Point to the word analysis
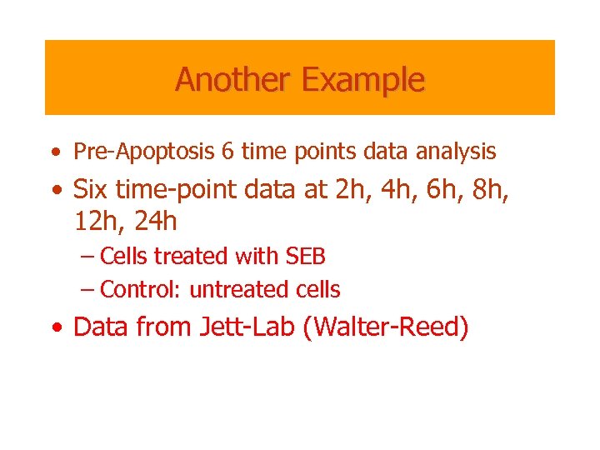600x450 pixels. [455, 152]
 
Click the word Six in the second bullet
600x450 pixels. [92, 189]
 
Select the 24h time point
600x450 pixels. [153, 222]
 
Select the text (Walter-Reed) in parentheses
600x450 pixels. [387, 327]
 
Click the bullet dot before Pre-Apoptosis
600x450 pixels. [55, 153]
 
